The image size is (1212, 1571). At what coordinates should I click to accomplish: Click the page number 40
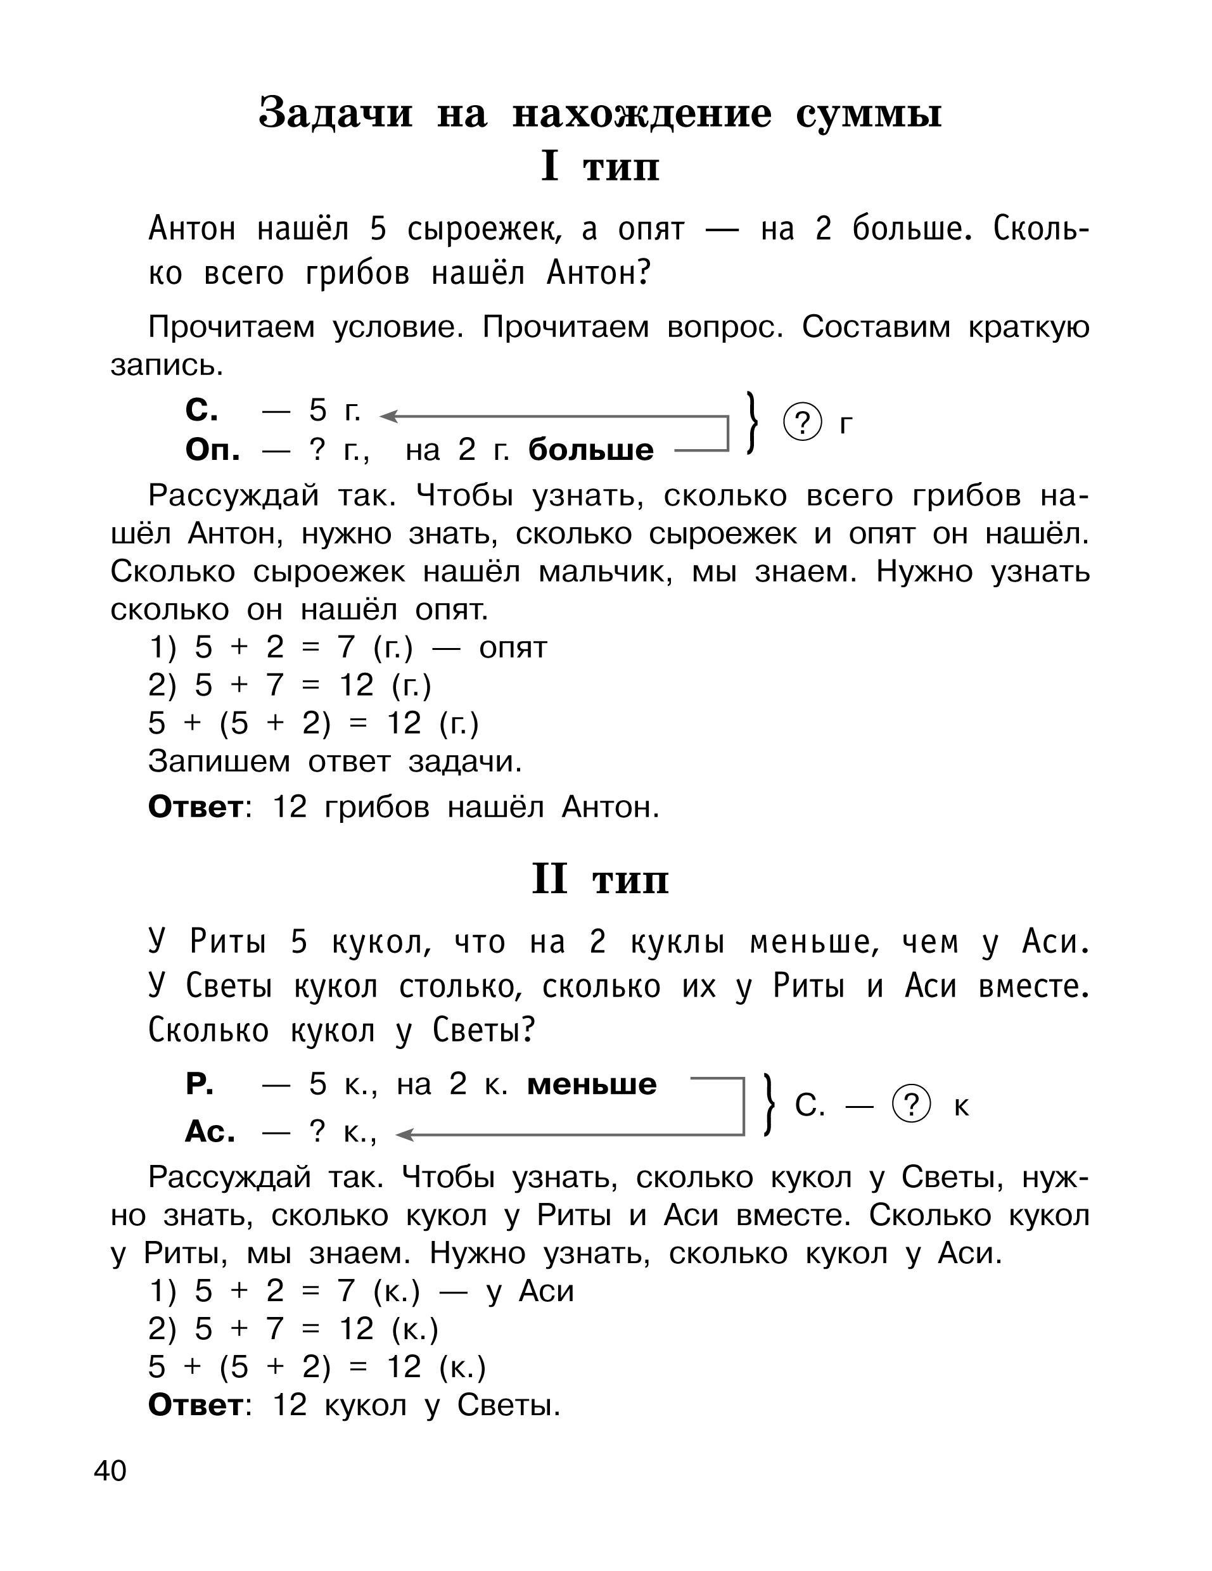[x=110, y=1470]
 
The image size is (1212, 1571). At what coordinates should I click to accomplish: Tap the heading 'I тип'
[x=600, y=166]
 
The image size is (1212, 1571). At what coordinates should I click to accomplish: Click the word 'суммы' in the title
[x=868, y=113]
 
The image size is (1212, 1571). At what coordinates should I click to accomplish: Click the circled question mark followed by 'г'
[x=802, y=423]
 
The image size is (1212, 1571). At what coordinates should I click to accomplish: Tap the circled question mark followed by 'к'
[x=910, y=1104]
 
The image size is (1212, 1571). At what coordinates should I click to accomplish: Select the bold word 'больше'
[x=590, y=450]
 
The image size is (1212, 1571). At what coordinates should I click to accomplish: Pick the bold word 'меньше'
[x=591, y=1084]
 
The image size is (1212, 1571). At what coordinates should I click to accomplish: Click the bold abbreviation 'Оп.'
[x=212, y=450]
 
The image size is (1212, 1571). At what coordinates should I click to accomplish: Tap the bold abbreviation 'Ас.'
[x=209, y=1131]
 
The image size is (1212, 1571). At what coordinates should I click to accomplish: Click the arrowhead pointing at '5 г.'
[x=388, y=416]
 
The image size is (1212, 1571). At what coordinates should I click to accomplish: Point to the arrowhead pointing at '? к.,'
[x=405, y=1135]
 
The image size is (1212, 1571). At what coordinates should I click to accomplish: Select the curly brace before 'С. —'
[x=769, y=1105]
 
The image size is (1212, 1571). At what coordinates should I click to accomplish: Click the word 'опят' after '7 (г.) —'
[x=513, y=647]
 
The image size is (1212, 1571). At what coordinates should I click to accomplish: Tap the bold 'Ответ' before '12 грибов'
[x=196, y=807]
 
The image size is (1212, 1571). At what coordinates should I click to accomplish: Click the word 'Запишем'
[x=219, y=761]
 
